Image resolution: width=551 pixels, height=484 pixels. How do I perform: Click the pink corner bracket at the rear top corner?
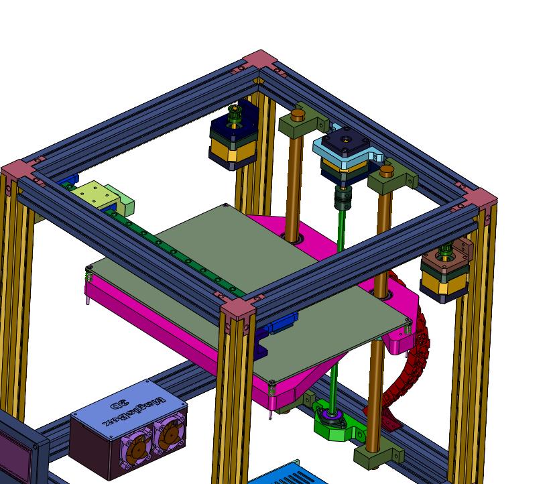261,60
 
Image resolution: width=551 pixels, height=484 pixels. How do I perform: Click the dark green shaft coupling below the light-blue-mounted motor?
341,197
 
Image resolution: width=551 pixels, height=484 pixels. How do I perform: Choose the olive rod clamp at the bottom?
379,456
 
